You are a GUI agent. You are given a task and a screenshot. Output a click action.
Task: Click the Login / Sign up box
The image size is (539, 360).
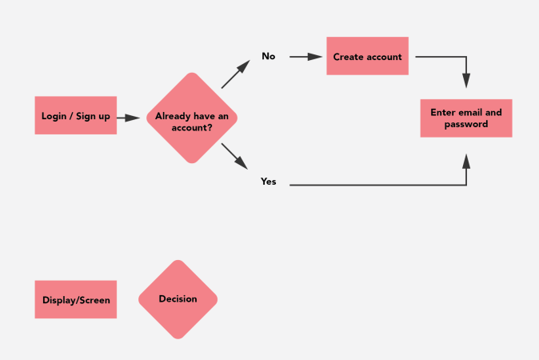tap(76, 116)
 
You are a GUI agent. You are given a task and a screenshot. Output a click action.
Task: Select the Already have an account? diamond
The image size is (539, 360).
tap(192, 118)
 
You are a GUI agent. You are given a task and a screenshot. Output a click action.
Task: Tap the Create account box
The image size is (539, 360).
tap(367, 57)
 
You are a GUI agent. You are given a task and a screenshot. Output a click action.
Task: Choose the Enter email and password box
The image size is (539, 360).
tap(466, 118)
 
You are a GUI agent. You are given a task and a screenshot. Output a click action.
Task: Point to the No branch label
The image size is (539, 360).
tap(269, 57)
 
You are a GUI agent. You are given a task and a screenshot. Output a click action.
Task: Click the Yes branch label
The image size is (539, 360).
tap(269, 182)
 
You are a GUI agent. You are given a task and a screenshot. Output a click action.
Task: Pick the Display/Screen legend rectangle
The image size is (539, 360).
tap(76, 300)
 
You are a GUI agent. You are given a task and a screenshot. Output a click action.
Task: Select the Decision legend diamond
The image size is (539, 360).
tap(178, 299)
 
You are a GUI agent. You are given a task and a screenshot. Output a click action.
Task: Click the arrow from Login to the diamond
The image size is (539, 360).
tap(128, 118)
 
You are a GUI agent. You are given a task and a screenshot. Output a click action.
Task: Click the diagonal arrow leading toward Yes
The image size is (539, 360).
tap(234, 155)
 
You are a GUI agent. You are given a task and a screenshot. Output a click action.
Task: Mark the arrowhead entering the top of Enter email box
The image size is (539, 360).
tap(466, 81)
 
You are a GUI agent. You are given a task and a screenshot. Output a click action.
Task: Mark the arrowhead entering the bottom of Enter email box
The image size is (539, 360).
tap(466, 161)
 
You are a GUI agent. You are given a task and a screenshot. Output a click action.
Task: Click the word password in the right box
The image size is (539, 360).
tap(466, 125)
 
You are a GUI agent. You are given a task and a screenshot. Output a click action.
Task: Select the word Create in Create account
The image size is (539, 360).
tap(349, 57)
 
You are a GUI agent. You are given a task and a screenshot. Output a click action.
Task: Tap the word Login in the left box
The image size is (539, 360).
tap(54, 117)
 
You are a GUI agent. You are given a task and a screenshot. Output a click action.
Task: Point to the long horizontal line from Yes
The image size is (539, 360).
tap(376, 186)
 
